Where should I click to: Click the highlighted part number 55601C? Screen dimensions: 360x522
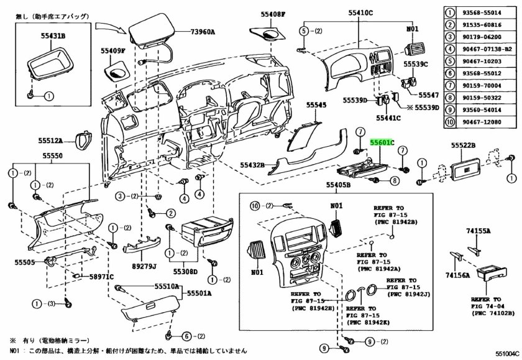383,142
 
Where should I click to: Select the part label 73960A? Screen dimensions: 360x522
202,32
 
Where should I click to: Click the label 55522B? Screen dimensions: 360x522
463,145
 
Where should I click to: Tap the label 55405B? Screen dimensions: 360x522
338,185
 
